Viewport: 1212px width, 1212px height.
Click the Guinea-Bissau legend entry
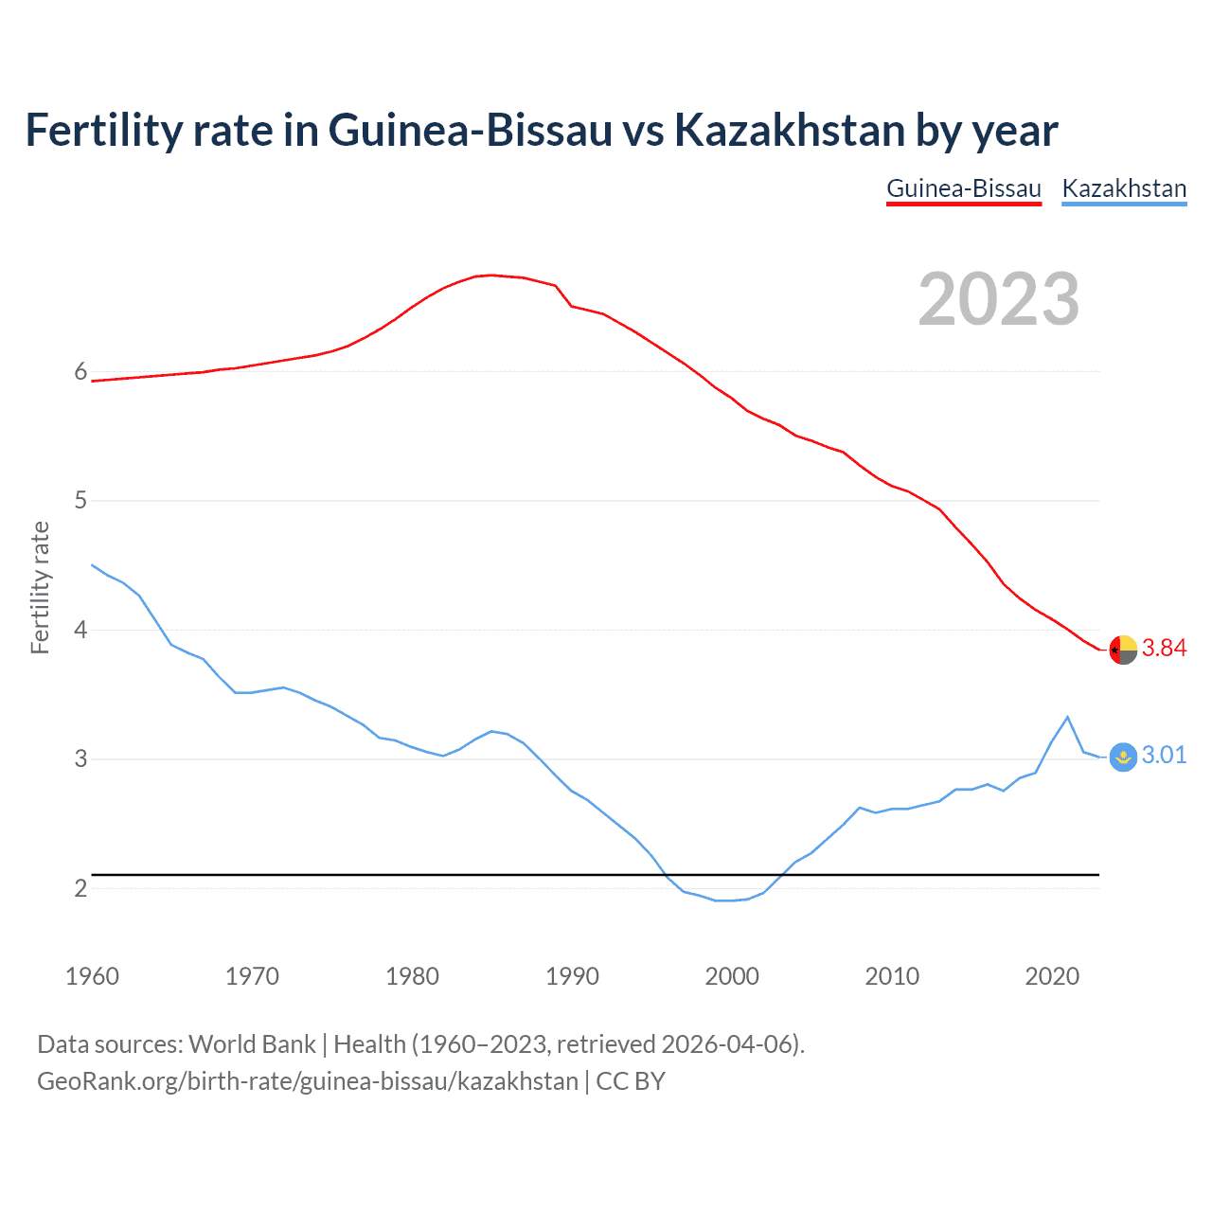click(963, 188)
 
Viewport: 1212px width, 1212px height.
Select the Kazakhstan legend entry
click(1124, 188)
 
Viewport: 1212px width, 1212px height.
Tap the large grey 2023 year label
click(998, 299)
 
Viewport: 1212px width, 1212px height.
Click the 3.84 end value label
click(1164, 649)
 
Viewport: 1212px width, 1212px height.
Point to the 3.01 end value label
click(1164, 756)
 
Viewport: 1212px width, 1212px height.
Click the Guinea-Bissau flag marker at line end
click(1123, 651)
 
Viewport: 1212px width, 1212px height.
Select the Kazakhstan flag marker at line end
click(1123, 757)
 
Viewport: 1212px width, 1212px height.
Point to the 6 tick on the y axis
click(80, 372)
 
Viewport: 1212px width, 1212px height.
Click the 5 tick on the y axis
click(80, 501)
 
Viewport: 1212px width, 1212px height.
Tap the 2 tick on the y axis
click(80, 888)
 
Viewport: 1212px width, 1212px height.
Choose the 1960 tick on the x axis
click(92, 976)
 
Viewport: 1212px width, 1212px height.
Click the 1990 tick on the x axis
click(572, 976)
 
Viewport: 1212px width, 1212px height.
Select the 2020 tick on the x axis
click(1052, 976)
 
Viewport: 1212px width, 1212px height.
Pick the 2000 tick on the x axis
click(732, 976)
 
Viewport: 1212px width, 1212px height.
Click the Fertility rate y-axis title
click(40, 587)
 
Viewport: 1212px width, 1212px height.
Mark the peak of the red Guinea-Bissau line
click(490, 275)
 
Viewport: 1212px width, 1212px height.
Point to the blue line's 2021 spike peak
click(1068, 717)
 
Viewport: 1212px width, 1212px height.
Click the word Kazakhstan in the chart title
click(789, 131)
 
